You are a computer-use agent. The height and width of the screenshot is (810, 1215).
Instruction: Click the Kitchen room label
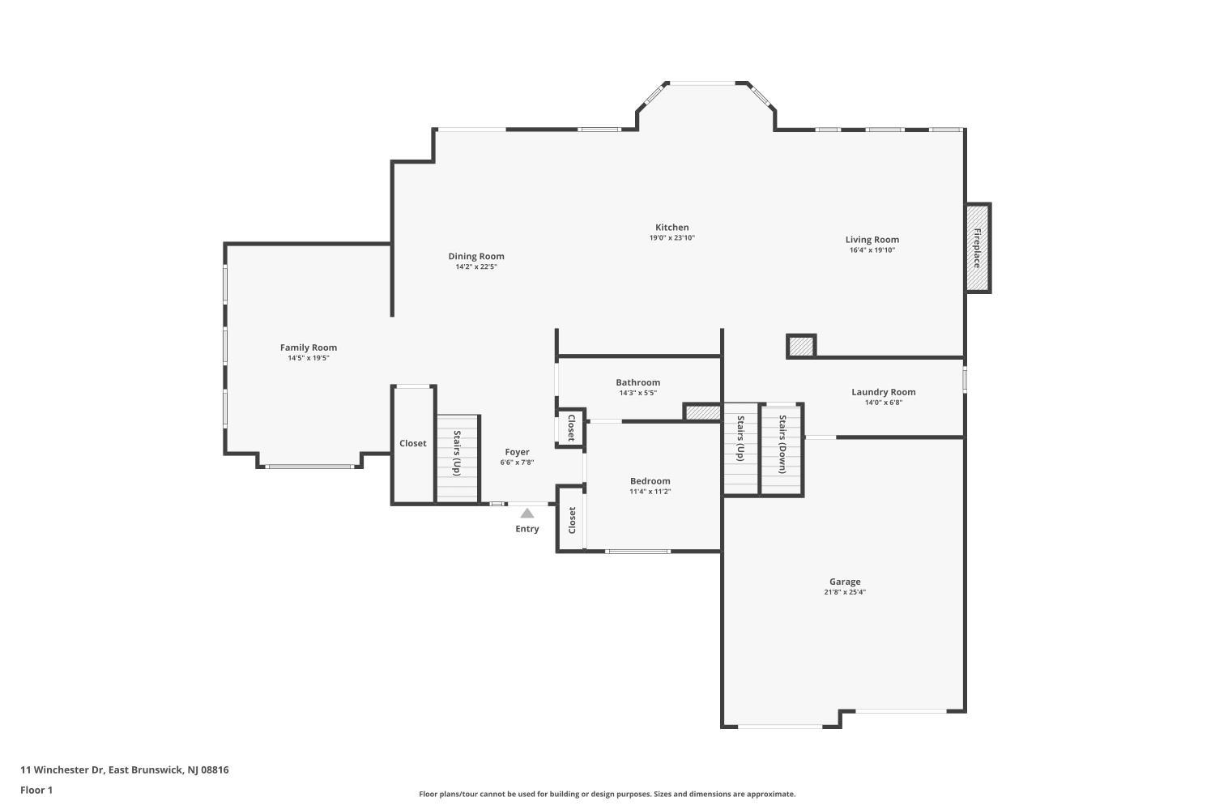coord(671,228)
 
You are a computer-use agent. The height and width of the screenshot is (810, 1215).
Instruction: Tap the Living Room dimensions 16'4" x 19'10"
coord(872,250)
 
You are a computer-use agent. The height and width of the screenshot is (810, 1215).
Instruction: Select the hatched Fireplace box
coord(978,248)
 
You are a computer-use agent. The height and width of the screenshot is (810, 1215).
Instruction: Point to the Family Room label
coord(308,347)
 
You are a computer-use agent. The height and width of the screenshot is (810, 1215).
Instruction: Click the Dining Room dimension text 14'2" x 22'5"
coord(475,267)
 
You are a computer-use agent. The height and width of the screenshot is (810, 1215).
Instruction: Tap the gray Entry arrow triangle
coord(526,514)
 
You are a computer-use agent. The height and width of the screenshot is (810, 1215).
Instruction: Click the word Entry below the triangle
coord(526,529)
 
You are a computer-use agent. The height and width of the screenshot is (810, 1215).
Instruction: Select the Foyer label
coord(517,452)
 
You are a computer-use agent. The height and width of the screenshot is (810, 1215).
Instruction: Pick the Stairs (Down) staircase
coord(781,449)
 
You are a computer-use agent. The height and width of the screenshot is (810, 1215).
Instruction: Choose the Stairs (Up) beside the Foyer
coord(458,459)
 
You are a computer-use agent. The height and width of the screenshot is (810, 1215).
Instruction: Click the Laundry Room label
coord(883,392)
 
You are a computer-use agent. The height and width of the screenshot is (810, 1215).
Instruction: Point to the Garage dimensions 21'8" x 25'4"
coord(845,592)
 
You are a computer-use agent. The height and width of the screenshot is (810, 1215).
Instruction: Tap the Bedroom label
coord(650,481)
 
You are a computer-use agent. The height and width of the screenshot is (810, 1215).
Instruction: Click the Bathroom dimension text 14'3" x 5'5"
coord(638,394)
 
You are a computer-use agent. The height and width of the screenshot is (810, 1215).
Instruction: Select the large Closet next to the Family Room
coord(413,445)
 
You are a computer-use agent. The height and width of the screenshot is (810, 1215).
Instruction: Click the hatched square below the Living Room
coord(801,346)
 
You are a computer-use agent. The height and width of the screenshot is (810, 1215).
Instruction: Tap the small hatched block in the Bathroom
coord(702,412)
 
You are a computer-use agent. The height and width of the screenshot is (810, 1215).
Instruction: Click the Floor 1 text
coord(36,790)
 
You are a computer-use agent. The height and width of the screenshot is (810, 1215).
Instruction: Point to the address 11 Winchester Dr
coord(62,769)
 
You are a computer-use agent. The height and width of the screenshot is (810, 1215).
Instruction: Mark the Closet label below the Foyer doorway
coord(572,520)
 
